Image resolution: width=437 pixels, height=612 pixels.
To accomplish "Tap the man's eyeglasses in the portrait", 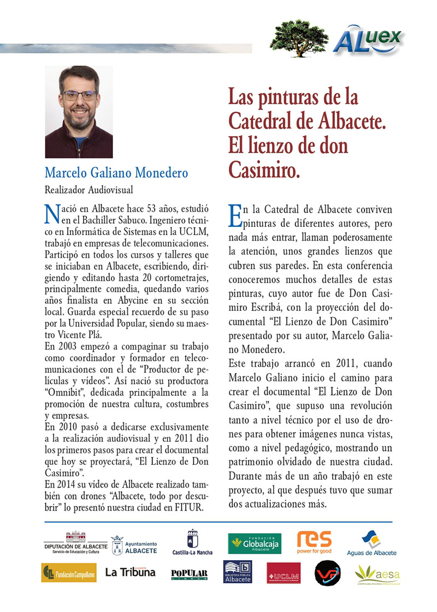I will (79, 95).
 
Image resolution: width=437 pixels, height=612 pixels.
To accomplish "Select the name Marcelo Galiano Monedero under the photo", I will (116, 173).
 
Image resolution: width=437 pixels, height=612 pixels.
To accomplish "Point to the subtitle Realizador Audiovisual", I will (88, 190).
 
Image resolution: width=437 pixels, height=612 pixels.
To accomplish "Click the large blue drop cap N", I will (51, 214).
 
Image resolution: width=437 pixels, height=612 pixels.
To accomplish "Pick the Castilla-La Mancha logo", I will (192, 542).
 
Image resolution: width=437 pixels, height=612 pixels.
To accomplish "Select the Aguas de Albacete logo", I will (371, 544).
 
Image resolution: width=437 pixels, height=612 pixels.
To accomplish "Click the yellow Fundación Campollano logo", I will (69, 573).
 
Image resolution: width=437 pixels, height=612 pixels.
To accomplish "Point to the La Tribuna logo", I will (130, 572).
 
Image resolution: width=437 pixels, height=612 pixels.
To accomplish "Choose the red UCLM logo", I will (284, 573).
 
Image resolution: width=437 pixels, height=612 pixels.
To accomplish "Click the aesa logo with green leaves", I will (377, 573).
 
